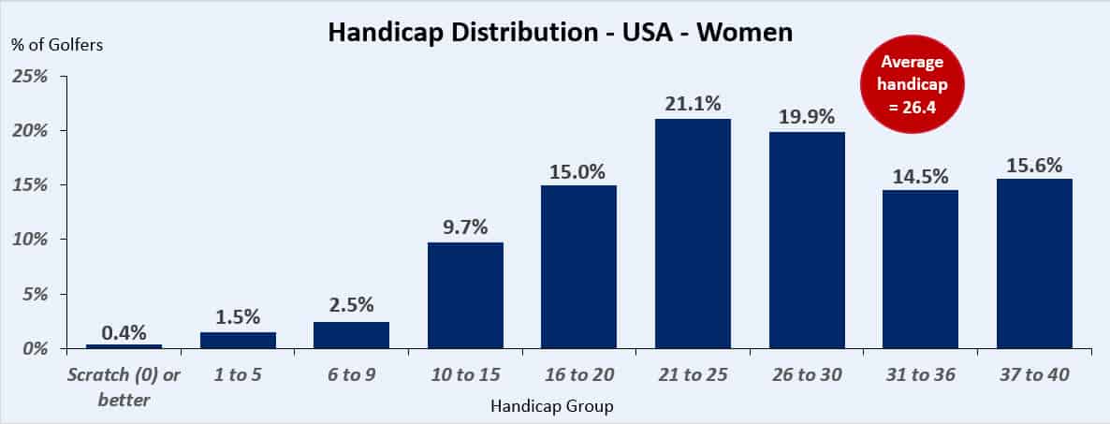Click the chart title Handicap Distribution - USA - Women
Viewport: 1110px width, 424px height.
pyautogui.click(x=560, y=34)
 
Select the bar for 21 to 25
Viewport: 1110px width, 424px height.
pyautogui.click(x=693, y=234)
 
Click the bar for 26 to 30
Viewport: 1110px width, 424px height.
pyautogui.click(x=807, y=240)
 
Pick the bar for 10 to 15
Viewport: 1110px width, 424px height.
pyautogui.click(x=465, y=295)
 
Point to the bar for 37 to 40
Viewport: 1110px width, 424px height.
pyautogui.click(x=1034, y=263)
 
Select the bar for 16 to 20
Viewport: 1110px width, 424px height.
pyautogui.click(x=578, y=267)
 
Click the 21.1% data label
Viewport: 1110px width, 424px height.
pyautogui.click(x=693, y=103)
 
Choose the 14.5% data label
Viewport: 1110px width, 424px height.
pyautogui.click(x=921, y=175)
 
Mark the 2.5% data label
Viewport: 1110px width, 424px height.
pyautogui.click(x=351, y=305)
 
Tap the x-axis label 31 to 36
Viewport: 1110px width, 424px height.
pyautogui.click(x=921, y=374)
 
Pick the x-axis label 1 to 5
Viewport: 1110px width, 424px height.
pyautogui.click(x=238, y=374)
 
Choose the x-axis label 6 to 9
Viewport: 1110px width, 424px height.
pyautogui.click(x=351, y=374)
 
